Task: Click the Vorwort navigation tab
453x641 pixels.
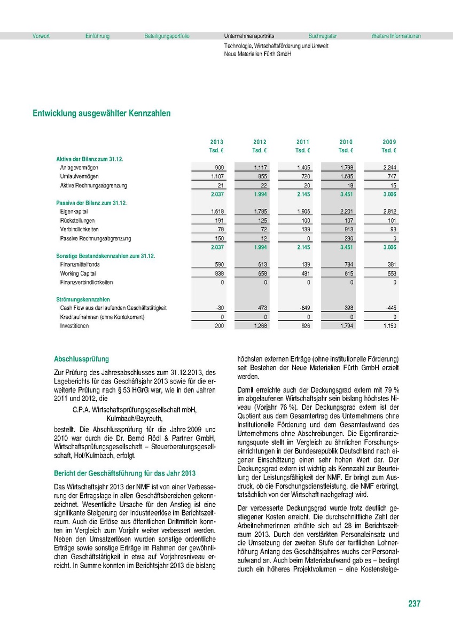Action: pyautogui.click(x=41, y=36)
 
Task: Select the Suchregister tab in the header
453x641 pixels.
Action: pyautogui.click(x=323, y=36)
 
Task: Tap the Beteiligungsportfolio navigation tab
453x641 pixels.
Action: pyautogui.click(x=167, y=36)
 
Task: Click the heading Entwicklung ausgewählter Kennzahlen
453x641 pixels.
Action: pyautogui.click(x=101, y=114)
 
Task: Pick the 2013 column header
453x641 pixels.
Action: pyautogui.click(x=217, y=142)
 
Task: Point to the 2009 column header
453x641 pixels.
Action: pyautogui.click(x=389, y=142)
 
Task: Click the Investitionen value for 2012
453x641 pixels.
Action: pyautogui.click(x=260, y=326)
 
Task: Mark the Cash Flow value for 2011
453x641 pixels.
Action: pyautogui.click(x=303, y=309)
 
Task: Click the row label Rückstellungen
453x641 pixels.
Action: pyautogui.click(x=78, y=221)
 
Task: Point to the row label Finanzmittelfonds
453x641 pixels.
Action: pyautogui.click(x=80, y=264)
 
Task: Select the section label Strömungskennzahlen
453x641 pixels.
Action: pyautogui.click(x=83, y=300)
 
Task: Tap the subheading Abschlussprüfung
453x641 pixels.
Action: pyautogui.click(x=82, y=359)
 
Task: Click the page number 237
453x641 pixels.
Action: pyautogui.click(x=414, y=604)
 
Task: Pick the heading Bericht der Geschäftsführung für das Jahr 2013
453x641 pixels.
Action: pyautogui.click(x=125, y=473)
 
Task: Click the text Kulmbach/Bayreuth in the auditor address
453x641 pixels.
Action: pyautogui.click(x=134, y=419)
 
